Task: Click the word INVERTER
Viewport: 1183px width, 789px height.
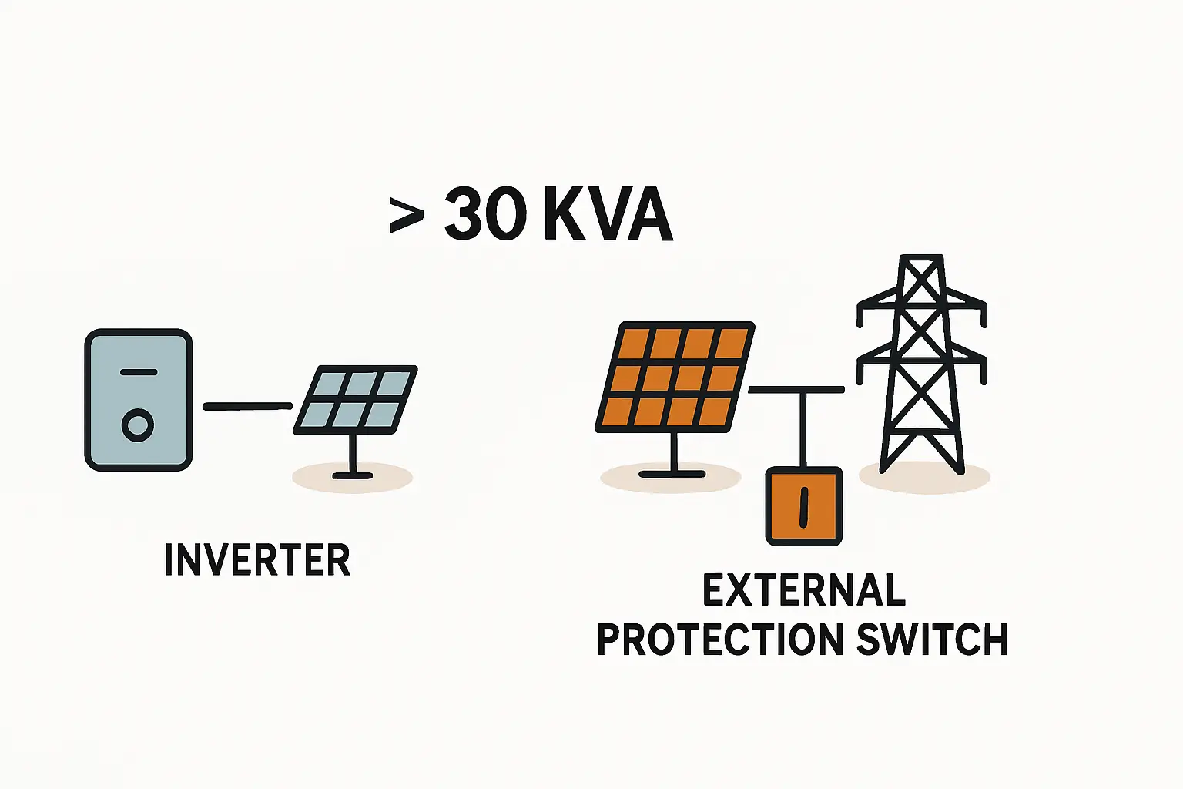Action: coord(257,560)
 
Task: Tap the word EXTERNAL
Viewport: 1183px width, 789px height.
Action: coord(804,592)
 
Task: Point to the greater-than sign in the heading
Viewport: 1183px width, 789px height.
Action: coord(407,216)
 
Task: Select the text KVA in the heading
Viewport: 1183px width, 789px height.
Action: coord(608,216)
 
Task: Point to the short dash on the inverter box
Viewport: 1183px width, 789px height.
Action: coord(138,372)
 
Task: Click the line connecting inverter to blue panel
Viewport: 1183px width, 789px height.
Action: coord(246,406)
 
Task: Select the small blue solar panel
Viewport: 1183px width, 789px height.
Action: coord(356,399)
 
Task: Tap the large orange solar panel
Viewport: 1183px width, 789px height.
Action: coord(675,377)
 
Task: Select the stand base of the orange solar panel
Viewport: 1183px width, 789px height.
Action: coord(672,472)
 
